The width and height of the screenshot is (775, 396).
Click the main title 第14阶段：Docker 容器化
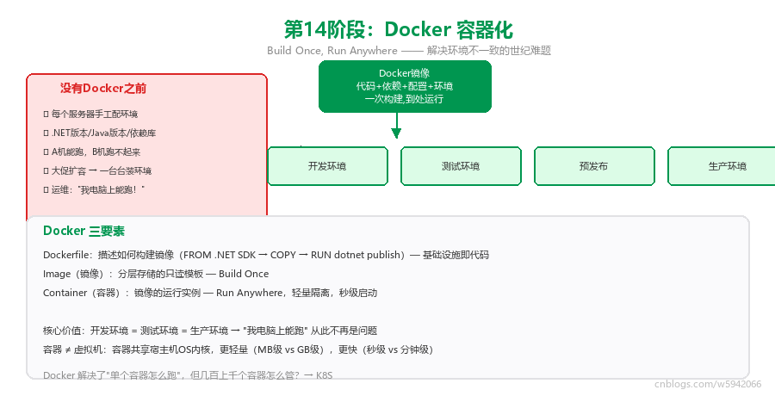(399, 29)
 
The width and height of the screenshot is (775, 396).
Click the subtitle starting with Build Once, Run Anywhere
(409, 51)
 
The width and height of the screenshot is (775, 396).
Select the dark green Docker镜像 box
(405, 86)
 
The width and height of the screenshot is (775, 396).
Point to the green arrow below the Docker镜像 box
(396, 126)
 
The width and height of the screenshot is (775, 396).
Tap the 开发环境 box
(327, 166)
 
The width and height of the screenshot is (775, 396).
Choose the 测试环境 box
(461, 166)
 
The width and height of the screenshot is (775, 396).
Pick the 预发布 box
(594, 166)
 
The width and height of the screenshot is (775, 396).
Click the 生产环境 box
(722, 166)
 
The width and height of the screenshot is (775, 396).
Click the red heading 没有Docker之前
(103, 88)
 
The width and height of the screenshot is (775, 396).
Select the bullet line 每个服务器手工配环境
(90, 114)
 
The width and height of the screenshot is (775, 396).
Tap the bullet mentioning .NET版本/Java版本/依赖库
(100, 133)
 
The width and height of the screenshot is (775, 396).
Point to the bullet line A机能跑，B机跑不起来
(92, 152)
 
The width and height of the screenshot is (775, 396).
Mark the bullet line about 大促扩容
(97, 171)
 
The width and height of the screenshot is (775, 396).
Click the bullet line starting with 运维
(94, 190)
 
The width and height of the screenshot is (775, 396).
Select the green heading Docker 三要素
(84, 231)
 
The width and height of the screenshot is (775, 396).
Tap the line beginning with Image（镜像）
(156, 274)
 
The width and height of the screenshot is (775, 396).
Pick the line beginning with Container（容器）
(210, 293)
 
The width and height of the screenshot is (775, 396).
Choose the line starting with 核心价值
(210, 331)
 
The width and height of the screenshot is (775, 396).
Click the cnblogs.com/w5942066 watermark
(708, 384)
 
